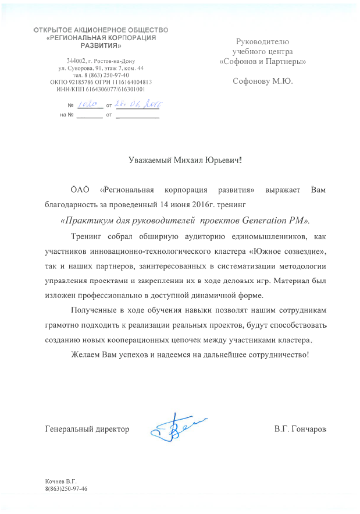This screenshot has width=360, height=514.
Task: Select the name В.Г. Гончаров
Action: (x=300, y=429)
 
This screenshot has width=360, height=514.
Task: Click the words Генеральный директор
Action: (x=87, y=429)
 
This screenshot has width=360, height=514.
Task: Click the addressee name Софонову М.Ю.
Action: (x=263, y=81)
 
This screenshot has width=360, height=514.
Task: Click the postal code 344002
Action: (x=77, y=61)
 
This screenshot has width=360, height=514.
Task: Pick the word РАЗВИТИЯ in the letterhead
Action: (x=101, y=45)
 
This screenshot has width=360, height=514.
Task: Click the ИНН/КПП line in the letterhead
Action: (x=101, y=90)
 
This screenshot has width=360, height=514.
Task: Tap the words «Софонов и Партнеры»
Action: (x=262, y=61)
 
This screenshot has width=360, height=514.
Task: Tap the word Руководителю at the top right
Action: (x=262, y=41)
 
